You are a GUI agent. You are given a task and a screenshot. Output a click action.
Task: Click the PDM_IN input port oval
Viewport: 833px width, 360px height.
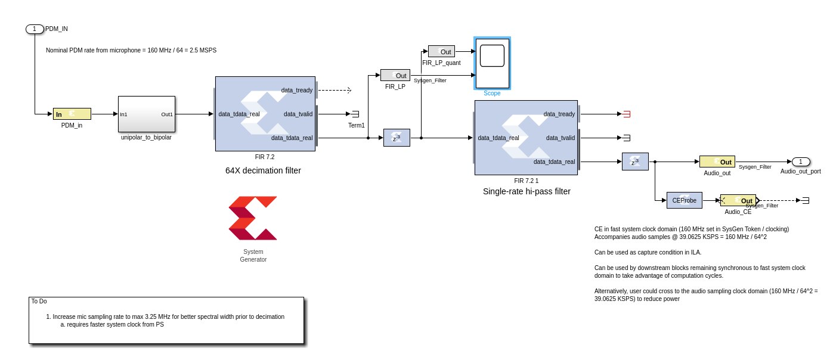35,29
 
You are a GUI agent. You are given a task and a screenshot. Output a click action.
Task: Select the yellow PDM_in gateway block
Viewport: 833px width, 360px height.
72,114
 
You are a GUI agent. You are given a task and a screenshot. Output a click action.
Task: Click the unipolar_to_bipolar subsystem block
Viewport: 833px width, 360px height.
147,114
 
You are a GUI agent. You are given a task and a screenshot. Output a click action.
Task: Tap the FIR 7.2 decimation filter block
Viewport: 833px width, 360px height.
265,114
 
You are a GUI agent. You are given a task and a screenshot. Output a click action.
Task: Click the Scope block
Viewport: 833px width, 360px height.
492,63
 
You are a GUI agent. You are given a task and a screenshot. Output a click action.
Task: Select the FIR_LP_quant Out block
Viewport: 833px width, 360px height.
441,52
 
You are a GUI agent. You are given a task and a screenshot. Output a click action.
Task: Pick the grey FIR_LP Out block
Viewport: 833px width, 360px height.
395,75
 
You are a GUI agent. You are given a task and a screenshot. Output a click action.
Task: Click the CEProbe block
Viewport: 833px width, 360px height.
685,200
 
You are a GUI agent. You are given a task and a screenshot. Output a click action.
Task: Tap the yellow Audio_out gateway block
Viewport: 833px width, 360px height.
717,162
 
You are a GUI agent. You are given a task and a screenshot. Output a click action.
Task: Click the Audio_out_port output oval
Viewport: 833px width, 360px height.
801,162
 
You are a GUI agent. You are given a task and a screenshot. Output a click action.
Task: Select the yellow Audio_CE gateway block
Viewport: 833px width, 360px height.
738,200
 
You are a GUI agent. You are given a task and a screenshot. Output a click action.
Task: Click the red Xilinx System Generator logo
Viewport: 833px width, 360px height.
253,218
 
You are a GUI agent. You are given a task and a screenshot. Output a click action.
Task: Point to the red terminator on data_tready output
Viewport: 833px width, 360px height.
627,114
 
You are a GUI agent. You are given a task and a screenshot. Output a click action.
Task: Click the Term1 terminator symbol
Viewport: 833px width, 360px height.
355,114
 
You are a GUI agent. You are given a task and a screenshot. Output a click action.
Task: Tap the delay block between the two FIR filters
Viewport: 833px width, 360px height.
396,138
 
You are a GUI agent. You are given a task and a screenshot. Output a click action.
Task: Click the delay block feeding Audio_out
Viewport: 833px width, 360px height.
634,162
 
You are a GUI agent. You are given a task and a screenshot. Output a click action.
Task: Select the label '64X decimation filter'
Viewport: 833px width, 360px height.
263,170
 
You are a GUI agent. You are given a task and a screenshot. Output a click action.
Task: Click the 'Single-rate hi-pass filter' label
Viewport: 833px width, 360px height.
527,191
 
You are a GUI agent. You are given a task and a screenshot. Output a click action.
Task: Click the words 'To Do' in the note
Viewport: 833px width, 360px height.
39,301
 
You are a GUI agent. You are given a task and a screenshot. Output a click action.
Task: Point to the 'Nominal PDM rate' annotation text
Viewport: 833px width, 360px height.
131,50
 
